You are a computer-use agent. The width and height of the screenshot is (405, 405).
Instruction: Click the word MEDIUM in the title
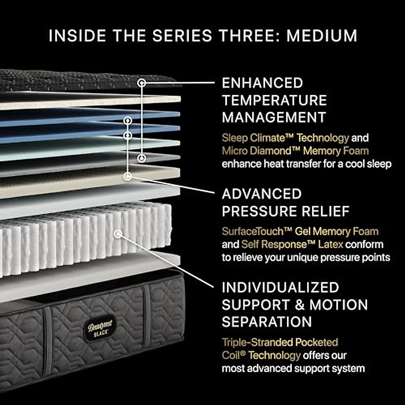(x=322, y=36)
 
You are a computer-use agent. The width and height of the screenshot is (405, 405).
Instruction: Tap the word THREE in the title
(x=248, y=36)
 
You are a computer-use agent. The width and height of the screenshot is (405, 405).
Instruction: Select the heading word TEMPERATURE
(x=274, y=100)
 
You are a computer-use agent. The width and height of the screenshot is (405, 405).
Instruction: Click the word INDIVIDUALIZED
(x=280, y=288)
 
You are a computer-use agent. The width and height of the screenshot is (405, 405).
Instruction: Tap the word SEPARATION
(x=267, y=322)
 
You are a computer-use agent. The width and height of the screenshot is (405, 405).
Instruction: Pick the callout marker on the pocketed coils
(x=117, y=234)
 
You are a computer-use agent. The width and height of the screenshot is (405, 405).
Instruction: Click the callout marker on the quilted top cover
(x=142, y=82)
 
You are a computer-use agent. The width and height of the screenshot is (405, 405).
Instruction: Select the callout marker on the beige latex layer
(x=128, y=176)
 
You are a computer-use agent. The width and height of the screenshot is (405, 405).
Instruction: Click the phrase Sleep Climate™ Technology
(x=285, y=138)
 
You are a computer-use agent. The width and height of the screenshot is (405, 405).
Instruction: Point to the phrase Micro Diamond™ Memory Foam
(x=295, y=151)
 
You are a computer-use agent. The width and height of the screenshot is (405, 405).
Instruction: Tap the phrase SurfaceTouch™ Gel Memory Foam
(x=300, y=232)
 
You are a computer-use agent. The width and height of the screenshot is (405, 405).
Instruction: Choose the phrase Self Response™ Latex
(x=292, y=244)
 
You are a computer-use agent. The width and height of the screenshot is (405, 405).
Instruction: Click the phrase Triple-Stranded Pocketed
(x=280, y=342)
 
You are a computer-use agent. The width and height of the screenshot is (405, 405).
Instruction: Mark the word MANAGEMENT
(x=274, y=117)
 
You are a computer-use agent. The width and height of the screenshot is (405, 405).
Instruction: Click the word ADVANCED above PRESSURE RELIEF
(x=262, y=194)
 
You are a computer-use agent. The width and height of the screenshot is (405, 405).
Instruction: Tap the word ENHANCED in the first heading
(x=262, y=83)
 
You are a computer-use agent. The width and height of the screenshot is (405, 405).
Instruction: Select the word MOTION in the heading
(x=339, y=305)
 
